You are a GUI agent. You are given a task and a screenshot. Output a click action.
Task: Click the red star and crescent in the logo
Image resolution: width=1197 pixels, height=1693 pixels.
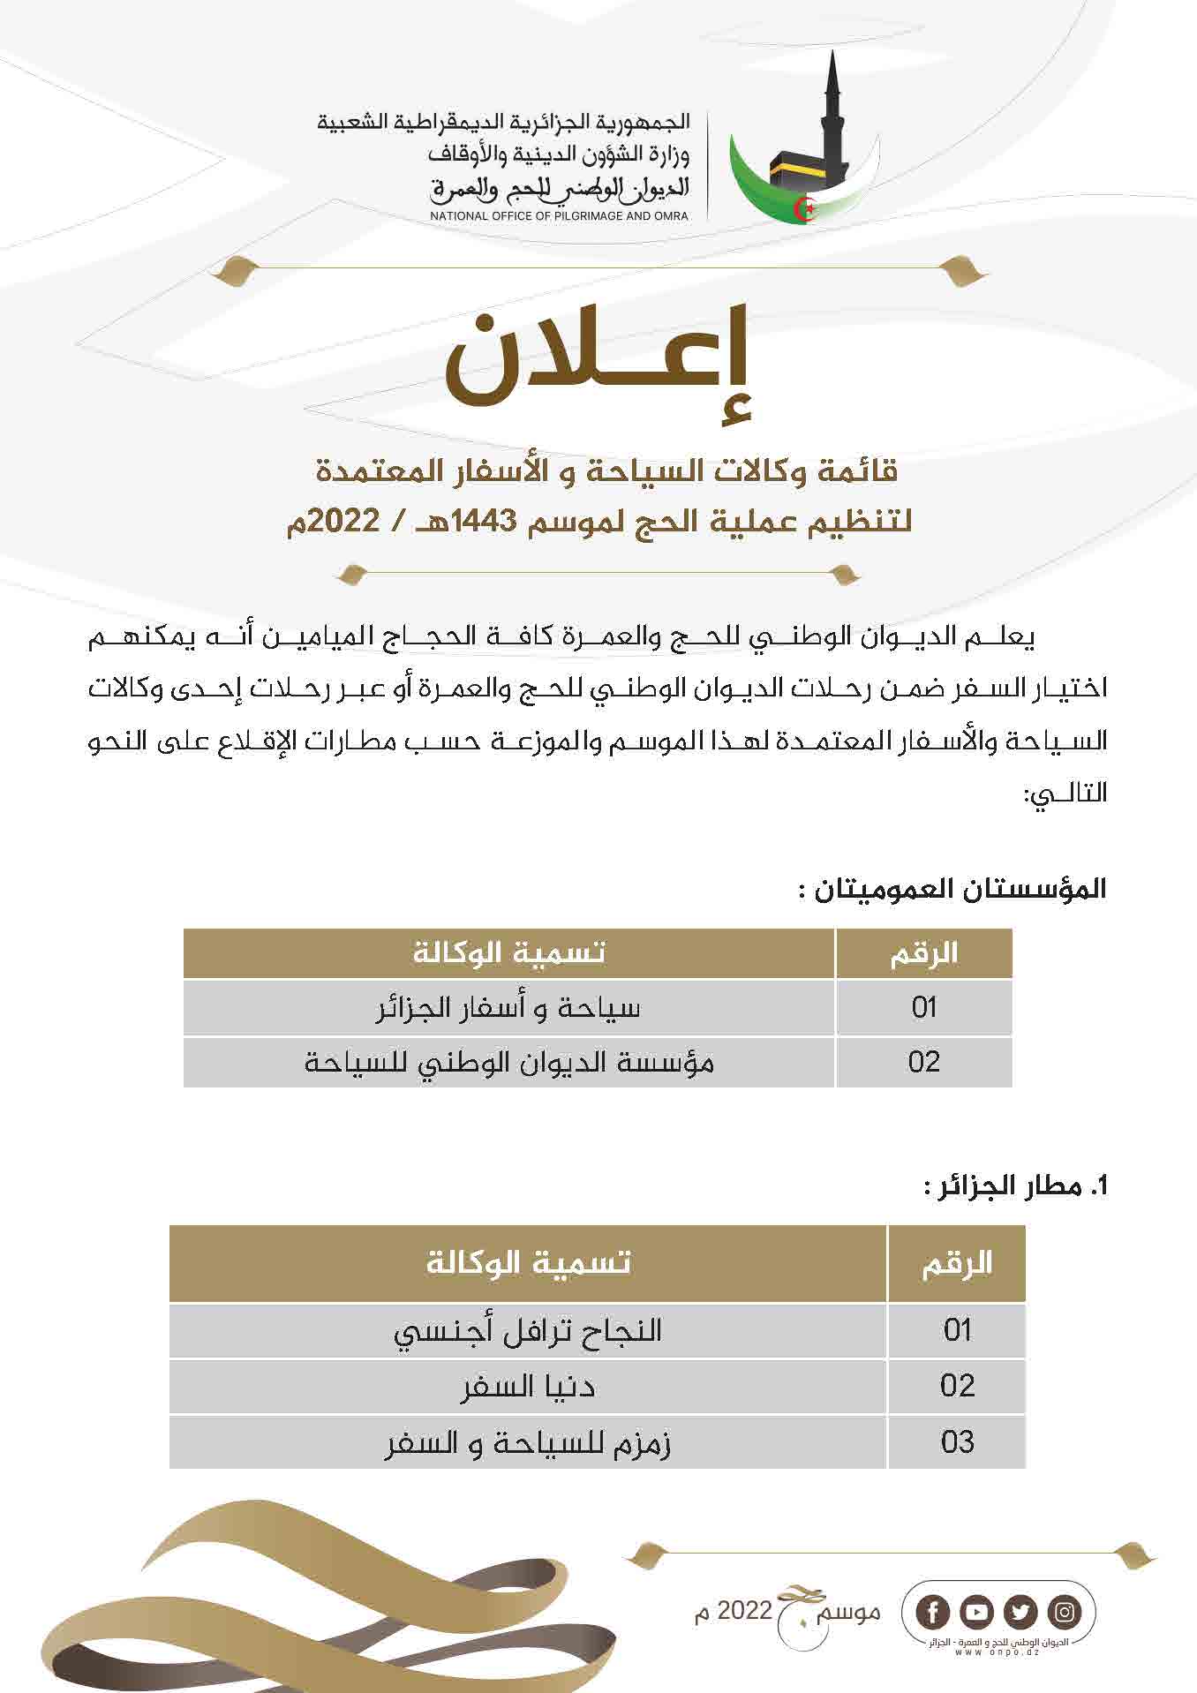point(804,210)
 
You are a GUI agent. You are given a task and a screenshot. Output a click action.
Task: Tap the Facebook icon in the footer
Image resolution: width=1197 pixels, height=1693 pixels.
point(933,1613)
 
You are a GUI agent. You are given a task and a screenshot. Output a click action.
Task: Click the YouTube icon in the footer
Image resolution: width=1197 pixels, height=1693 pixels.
point(977,1613)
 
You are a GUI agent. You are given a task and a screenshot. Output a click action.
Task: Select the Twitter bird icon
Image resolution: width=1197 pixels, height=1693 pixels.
point(1021,1613)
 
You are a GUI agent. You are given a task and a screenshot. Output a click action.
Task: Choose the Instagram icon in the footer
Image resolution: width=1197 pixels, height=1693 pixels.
point(1065,1613)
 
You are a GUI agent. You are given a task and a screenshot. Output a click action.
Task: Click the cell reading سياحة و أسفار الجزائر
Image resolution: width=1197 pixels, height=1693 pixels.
point(508,1007)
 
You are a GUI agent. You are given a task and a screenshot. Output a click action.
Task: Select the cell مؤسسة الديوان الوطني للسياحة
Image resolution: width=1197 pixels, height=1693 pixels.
point(508,1062)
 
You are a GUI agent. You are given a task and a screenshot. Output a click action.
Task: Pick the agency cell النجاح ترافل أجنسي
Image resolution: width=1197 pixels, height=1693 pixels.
point(528,1329)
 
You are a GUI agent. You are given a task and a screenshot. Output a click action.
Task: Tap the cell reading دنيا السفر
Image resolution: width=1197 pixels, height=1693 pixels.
point(528,1386)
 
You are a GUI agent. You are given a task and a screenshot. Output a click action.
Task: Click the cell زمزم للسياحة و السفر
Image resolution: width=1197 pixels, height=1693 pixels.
point(528,1443)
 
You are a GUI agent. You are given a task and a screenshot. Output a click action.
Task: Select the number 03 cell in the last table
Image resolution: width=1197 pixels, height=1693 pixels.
point(957,1443)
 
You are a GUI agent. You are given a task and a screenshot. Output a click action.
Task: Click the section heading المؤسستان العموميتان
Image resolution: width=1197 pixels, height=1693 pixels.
point(952,888)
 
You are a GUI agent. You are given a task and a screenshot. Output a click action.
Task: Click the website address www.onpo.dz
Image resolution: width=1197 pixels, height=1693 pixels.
point(997,1651)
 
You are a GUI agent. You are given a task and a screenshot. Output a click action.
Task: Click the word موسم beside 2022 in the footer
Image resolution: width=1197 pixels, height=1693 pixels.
point(850,1612)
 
